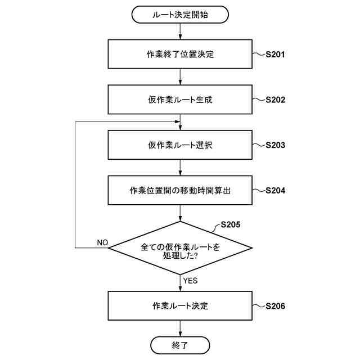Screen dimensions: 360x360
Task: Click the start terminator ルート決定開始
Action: coord(180,15)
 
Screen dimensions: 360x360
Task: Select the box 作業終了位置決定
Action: coord(180,55)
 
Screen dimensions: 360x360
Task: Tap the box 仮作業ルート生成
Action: coord(180,100)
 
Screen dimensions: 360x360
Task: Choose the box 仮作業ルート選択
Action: coord(180,145)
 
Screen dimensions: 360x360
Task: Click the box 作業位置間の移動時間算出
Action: coord(180,190)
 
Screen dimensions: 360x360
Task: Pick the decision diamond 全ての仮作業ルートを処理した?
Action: coord(180,247)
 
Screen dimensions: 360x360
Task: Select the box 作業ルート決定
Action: coord(180,306)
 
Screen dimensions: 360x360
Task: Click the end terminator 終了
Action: coord(180,344)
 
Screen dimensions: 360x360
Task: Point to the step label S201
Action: coord(275,55)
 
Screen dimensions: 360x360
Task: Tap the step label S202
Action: coord(275,100)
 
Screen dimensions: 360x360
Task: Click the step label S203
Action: coord(275,145)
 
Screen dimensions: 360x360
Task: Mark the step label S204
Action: coord(275,190)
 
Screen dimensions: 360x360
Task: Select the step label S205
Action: coord(230,224)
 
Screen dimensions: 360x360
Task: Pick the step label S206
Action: coord(275,306)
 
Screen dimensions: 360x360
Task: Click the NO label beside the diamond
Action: coord(102,242)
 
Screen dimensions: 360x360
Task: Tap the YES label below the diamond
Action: coord(190,280)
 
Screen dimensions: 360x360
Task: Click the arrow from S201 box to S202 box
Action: coord(180,77)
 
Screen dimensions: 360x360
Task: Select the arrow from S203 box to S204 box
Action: coord(180,167)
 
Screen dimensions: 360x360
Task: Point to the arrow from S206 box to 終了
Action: coord(180,328)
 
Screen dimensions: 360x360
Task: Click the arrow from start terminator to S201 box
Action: coord(180,31)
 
